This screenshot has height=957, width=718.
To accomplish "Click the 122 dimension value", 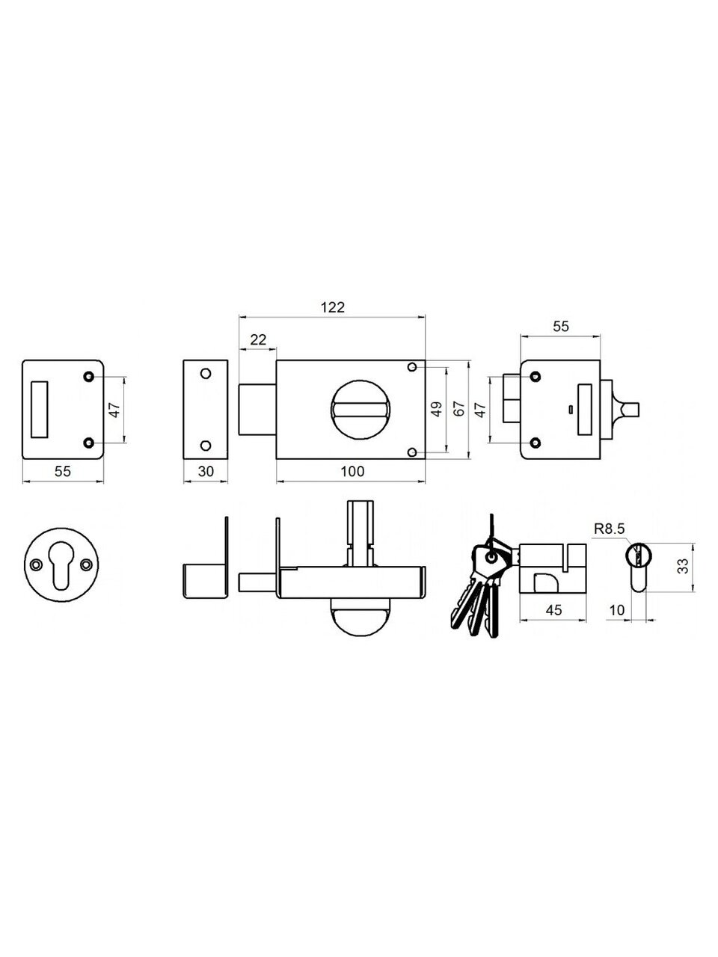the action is pyautogui.click(x=333, y=307).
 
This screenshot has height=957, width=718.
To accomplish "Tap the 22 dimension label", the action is pyautogui.click(x=258, y=339).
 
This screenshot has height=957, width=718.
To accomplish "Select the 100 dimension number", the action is pyautogui.click(x=352, y=471).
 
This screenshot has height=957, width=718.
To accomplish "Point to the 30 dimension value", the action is pyautogui.click(x=206, y=471).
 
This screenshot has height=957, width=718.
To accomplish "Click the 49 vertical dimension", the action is pyautogui.click(x=436, y=409).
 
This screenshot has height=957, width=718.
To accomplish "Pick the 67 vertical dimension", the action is pyautogui.click(x=459, y=409).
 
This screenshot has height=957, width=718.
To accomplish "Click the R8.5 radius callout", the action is pyautogui.click(x=609, y=529).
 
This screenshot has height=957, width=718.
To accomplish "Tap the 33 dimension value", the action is pyautogui.click(x=683, y=566).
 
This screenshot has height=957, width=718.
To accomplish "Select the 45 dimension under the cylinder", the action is pyautogui.click(x=553, y=610).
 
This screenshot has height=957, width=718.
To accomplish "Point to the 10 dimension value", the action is pyautogui.click(x=617, y=610).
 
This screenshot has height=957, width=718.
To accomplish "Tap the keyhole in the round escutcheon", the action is pyautogui.click(x=61, y=565).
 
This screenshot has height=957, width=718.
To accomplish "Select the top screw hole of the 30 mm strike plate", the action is pyautogui.click(x=206, y=374).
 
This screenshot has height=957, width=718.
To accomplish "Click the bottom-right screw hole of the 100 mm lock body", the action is pyautogui.click(x=412, y=452).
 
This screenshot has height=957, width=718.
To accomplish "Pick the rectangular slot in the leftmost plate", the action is pyautogui.click(x=39, y=409).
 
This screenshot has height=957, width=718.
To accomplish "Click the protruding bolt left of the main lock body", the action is pyautogui.click(x=257, y=410).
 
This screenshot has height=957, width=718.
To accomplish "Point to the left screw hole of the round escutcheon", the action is pyautogui.click(x=36, y=564).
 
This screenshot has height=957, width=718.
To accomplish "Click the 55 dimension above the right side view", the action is pyautogui.click(x=561, y=327).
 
